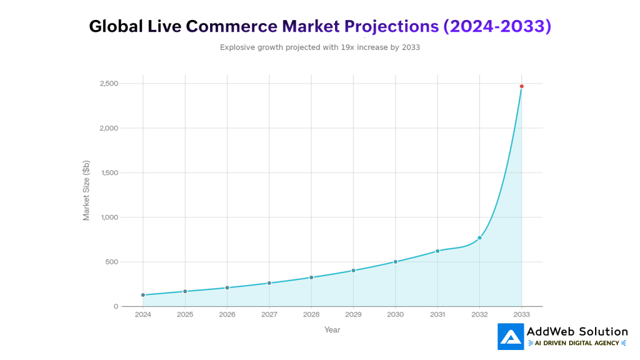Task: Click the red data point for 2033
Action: coord(521,86)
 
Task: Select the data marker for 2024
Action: coord(143,295)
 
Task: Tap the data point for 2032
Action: coord(479,237)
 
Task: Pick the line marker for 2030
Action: coord(396,262)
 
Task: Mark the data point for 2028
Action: coord(311,277)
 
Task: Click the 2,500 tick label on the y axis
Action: coord(108,84)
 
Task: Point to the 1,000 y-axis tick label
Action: coord(108,217)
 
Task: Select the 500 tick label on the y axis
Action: coord(111,262)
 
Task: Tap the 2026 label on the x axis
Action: coord(227,315)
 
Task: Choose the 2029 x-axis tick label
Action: coord(353,315)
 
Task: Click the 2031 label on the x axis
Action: coord(437,315)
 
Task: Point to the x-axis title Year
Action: coord(332,330)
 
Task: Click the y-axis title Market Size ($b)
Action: coord(86,190)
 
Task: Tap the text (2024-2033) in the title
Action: coord(497,26)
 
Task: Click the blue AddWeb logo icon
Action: coord(511,336)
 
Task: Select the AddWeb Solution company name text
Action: coord(577,331)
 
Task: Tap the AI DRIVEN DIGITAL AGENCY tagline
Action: coord(577,343)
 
